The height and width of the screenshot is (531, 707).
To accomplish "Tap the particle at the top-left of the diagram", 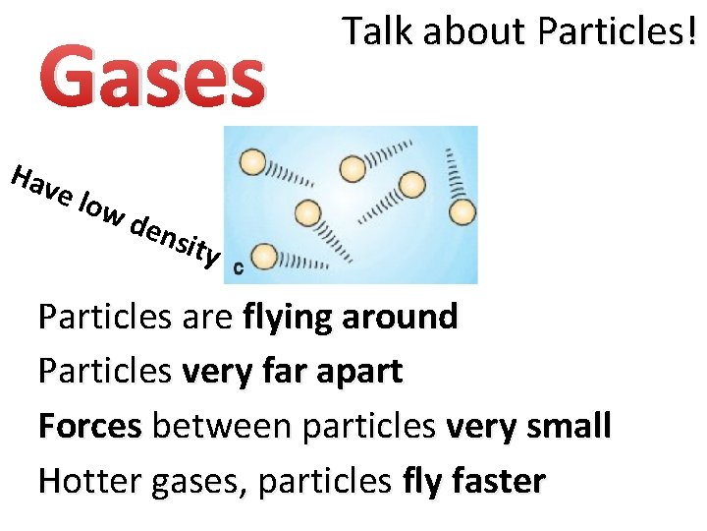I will [x=252, y=162].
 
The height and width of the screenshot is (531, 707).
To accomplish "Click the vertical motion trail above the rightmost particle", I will [x=454, y=173].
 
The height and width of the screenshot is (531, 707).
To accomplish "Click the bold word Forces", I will [x=90, y=426].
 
